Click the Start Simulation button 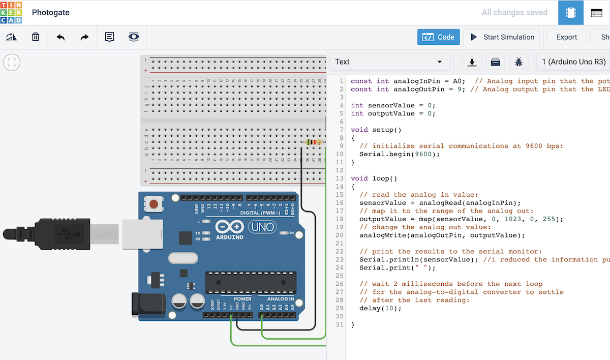502,37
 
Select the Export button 566,37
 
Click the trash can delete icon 36,37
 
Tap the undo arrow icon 60,37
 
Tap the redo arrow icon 84,37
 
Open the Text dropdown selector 389,62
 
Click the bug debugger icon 518,62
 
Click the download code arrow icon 472,62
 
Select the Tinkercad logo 11,12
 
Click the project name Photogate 51,12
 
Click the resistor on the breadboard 314,142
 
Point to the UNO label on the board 263,226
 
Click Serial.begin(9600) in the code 399,154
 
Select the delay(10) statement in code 380,308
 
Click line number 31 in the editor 340,324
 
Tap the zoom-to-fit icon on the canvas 12,63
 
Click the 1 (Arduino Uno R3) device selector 573,62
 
